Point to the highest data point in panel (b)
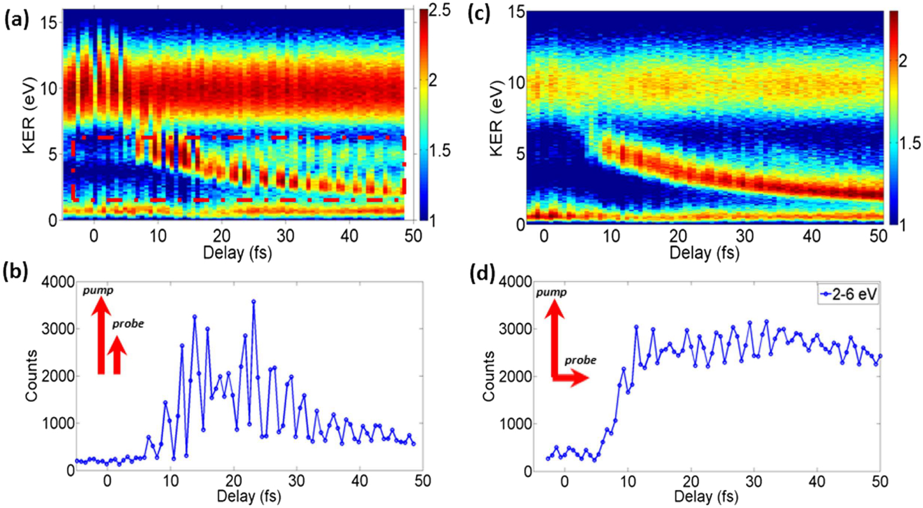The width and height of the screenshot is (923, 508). point(253,301)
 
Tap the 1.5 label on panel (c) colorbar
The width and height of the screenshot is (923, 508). point(910,143)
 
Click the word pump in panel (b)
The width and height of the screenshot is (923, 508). point(98,290)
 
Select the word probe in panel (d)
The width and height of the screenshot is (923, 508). point(580,360)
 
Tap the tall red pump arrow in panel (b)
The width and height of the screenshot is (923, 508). point(101,336)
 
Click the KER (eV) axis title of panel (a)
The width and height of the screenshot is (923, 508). point(29,115)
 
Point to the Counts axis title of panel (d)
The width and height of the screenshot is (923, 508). point(489,377)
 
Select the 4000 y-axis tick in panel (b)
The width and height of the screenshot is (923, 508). point(58,282)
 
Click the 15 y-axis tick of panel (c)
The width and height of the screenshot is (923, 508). point(515,11)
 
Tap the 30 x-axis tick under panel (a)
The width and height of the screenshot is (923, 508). point(286,235)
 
